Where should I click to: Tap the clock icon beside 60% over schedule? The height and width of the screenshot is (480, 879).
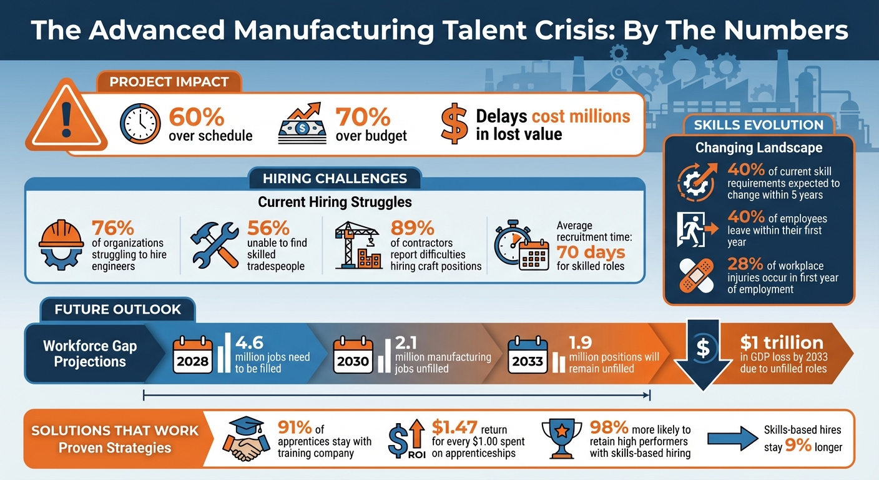[x=141, y=124]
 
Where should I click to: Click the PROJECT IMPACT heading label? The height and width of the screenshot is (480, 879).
[x=169, y=82]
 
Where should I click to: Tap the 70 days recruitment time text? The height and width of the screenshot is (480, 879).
[x=590, y=252]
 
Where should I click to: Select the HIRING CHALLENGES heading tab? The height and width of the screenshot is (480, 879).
[x=335, y=179]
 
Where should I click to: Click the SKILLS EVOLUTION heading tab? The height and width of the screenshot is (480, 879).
[x=758, y=125]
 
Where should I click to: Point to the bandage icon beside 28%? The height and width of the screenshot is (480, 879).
[x=696, y=276]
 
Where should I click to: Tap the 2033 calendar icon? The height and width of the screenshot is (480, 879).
[x=528, y=354]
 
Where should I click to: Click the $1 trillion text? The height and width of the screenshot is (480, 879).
[x=781, y=342]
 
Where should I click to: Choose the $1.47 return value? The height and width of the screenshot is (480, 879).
[x=454, y=428]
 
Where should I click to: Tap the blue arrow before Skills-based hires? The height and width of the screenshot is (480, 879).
[x=730, y=438]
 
